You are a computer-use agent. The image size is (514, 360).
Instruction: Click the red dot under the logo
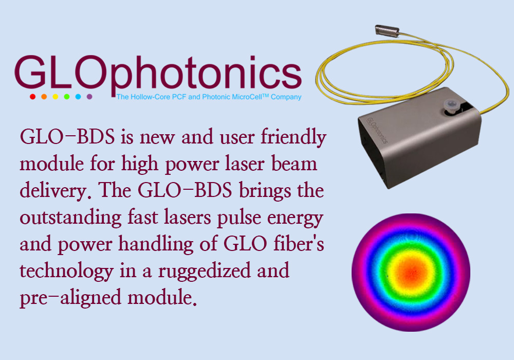pyautogui.click(x=32, y=97)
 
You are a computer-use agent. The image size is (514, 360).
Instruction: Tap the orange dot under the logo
pyautogui.click(x=44, y=97)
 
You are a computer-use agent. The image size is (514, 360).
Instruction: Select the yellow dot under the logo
pyautogui.click(x=56, y=97)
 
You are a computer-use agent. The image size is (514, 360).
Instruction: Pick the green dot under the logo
pyautogui.click(x=67, y=97)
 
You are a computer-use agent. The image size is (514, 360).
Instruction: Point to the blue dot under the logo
pyautogui.click(x=78, y=97)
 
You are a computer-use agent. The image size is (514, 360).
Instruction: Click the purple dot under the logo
pyautogui.click(x=89, y=97)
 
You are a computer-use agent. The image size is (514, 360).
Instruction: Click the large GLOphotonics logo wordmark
pyautogui.click(x=158, y=74)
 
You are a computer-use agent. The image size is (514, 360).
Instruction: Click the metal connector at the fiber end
pyautogui.click(x=387, y=30)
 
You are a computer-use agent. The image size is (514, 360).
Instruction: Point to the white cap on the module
pyautogui.click(x=452, y=106)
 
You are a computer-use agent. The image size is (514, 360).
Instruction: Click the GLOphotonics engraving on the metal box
pyautogui.click(x=377, y=131)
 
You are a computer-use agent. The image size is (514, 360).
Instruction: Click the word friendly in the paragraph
pyautogui.click(x=293, y=137)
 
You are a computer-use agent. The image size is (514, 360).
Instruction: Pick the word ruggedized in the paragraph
pyautogui.click(x=204, y=271)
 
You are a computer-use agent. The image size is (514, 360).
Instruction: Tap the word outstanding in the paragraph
pyautogui.click(x=70, y=218)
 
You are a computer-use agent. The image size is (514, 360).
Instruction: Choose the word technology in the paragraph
pyautogui.click(x=66, y=271)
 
